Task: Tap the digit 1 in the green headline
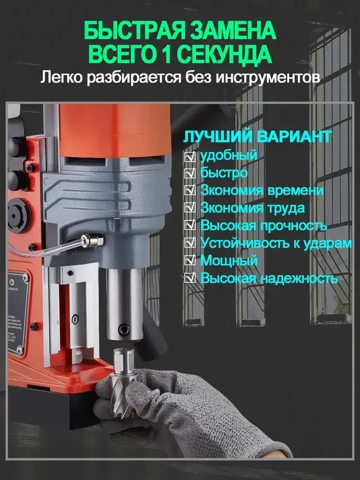click(x=164, y=55)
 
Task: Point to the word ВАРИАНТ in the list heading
click(x=294, y=137)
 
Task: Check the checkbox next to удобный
click(x=190, y=157)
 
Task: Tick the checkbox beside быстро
click(x=190, y=174)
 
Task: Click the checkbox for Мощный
click(x=190, y=261)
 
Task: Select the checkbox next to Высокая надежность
click(x=190, y=278)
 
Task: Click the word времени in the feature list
click(x=295, y=191)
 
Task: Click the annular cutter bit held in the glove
click(x=124, y=380)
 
